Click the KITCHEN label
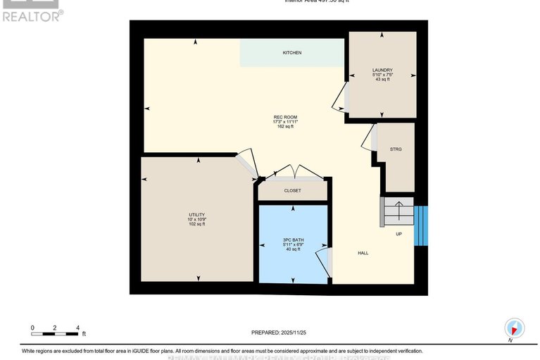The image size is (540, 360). (292, 53)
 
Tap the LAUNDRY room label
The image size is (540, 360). (382, 70)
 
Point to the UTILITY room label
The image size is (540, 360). (196, 214)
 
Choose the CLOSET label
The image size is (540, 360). (292, 191)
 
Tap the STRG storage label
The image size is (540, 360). (396, 149)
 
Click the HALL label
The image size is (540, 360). (363, 253)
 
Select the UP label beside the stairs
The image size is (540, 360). (398, 234)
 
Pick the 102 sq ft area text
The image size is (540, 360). (196, 224)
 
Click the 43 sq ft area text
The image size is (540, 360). (382, 80)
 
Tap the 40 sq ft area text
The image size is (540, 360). (292, 249)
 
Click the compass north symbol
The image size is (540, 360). (515, 328)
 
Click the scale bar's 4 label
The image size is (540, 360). (78, 328)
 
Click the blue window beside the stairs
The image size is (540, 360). (420, 225)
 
